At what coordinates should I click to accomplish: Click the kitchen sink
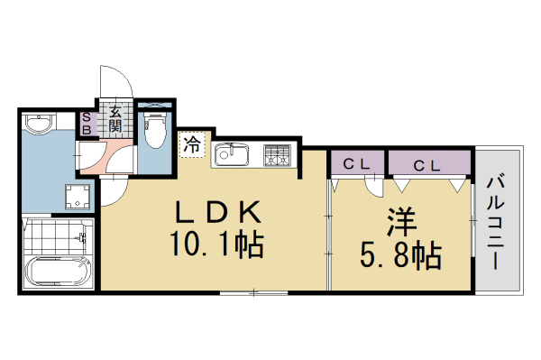click(x=234, y=156)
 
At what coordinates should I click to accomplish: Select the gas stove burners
click(x=278, y=155)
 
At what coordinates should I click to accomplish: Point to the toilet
click(x=155, y=129)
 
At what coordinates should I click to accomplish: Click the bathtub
click(x=56, y=272)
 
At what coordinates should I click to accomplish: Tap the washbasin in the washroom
click(x=40, y=124)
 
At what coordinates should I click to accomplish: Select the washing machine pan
click(x=78, y=197)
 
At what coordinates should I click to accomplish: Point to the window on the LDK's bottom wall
click(x=252, y=291)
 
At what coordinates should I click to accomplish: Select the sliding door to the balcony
click(x=472, y=217)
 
